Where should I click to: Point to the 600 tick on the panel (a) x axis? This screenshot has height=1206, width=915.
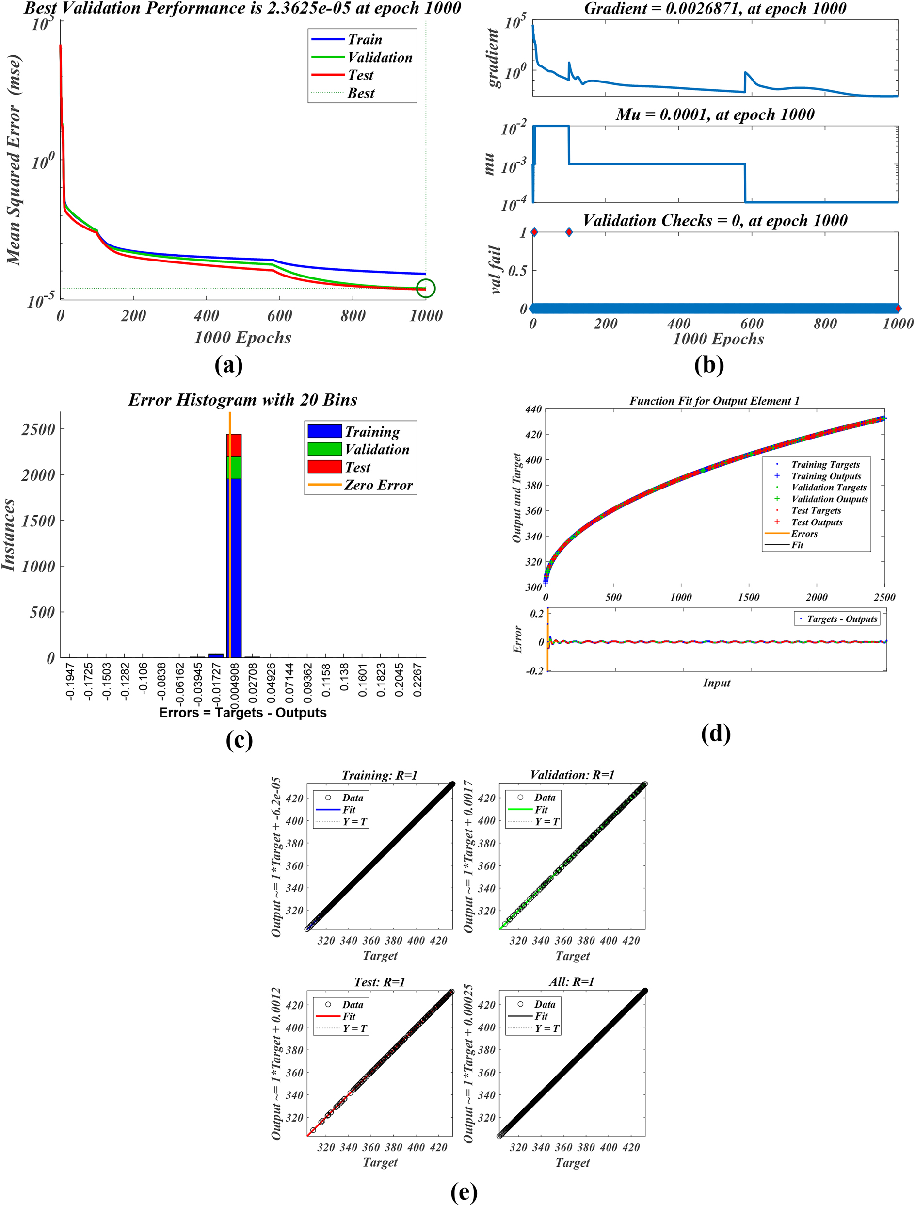(x=280, y=315)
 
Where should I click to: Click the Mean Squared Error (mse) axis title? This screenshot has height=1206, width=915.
(x=14, y=160)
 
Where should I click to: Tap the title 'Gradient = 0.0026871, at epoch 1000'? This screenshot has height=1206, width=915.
(x=715, y=9)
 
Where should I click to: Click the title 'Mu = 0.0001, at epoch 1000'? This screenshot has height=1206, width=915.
(x=715, y=114)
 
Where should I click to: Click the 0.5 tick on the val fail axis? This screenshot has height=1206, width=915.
(x=517, y=270)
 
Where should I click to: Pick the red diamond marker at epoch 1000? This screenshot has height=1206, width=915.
(x=898, y=309)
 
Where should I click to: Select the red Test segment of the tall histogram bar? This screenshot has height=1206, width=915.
(x=234, y=445)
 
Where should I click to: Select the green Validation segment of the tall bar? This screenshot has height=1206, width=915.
(x=234, y=468)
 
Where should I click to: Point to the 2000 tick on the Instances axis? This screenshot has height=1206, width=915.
(x=38, y=475)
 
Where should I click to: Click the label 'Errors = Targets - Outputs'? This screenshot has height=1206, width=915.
(x=242, y=713)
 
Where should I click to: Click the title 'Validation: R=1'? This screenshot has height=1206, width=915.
(x=572, y=775)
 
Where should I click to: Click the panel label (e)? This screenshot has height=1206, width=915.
(x=464, y=1192)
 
